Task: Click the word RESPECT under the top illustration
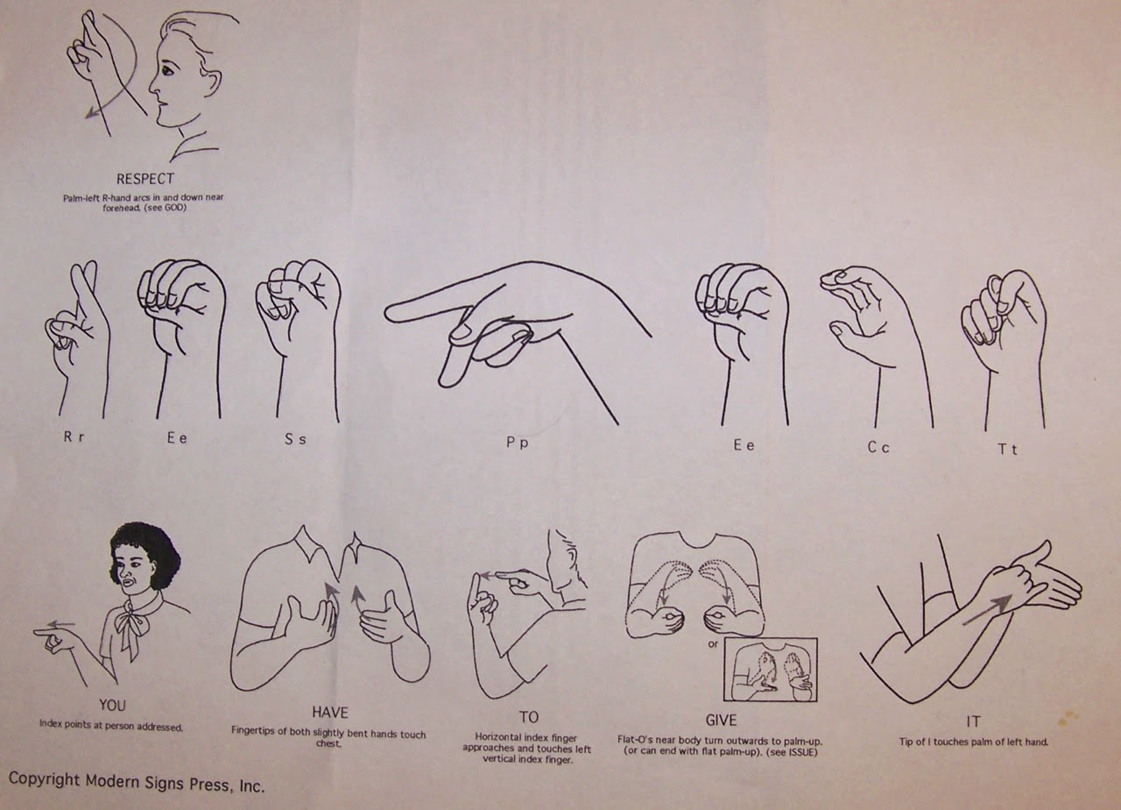145,179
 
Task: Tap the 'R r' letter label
74,437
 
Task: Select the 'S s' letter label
295,439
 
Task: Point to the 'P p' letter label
518,443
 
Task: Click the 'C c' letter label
878,447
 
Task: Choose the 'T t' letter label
1008,450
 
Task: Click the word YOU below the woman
112,706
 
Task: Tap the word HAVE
330,713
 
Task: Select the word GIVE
721,721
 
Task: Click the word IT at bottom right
973,721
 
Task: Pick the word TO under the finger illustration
529,717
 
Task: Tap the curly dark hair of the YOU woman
146,551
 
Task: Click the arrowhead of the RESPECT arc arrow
90,113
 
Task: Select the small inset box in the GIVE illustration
770,670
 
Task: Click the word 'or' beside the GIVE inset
713,644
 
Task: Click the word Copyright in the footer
44,779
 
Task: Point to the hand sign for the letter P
518,330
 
